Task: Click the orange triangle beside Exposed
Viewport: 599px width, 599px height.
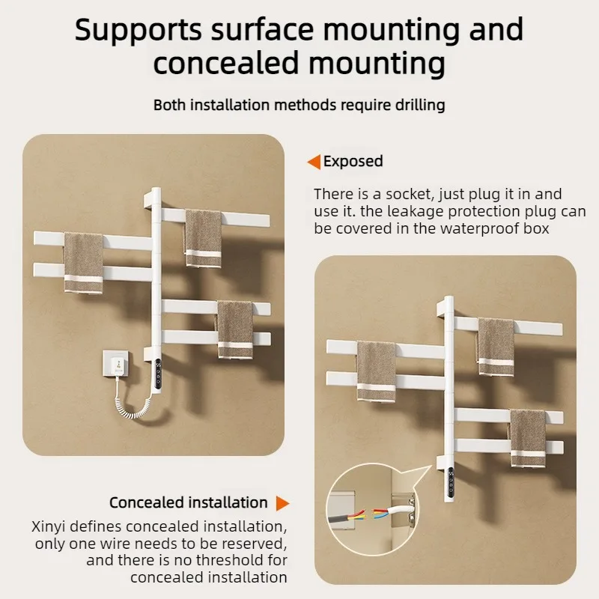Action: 314,162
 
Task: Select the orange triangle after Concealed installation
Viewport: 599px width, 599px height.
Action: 283,503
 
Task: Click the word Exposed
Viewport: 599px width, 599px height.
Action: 353,161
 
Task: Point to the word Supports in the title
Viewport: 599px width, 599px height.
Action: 138,30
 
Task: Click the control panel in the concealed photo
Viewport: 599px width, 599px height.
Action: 451,484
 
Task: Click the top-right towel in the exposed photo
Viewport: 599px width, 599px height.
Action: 203,238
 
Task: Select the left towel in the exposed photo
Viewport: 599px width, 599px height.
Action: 83,264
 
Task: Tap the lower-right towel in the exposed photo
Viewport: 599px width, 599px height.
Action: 235,329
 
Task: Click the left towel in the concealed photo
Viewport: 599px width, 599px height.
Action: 377,371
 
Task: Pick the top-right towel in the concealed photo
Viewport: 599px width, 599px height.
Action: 496,347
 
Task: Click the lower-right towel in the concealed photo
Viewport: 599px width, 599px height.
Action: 528,438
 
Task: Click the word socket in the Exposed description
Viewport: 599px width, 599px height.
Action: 408,194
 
